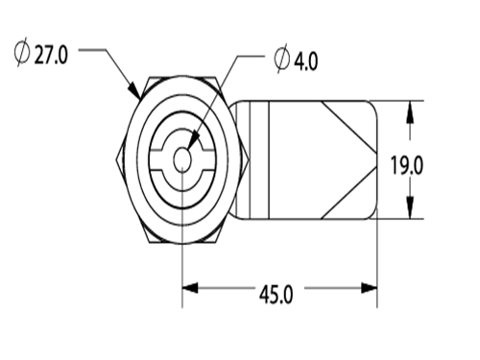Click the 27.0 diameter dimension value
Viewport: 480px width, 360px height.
51,55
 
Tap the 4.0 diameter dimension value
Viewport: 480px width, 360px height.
306,61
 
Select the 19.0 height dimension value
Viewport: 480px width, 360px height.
407,165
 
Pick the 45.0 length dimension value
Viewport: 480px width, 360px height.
276,295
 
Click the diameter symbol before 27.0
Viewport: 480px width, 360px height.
22,53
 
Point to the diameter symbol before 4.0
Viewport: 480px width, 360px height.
282,59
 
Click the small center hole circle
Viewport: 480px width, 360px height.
182,159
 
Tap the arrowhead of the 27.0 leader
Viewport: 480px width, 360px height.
134,90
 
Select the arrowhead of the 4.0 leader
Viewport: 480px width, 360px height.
193,141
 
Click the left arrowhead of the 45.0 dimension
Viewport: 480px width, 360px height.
190,288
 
